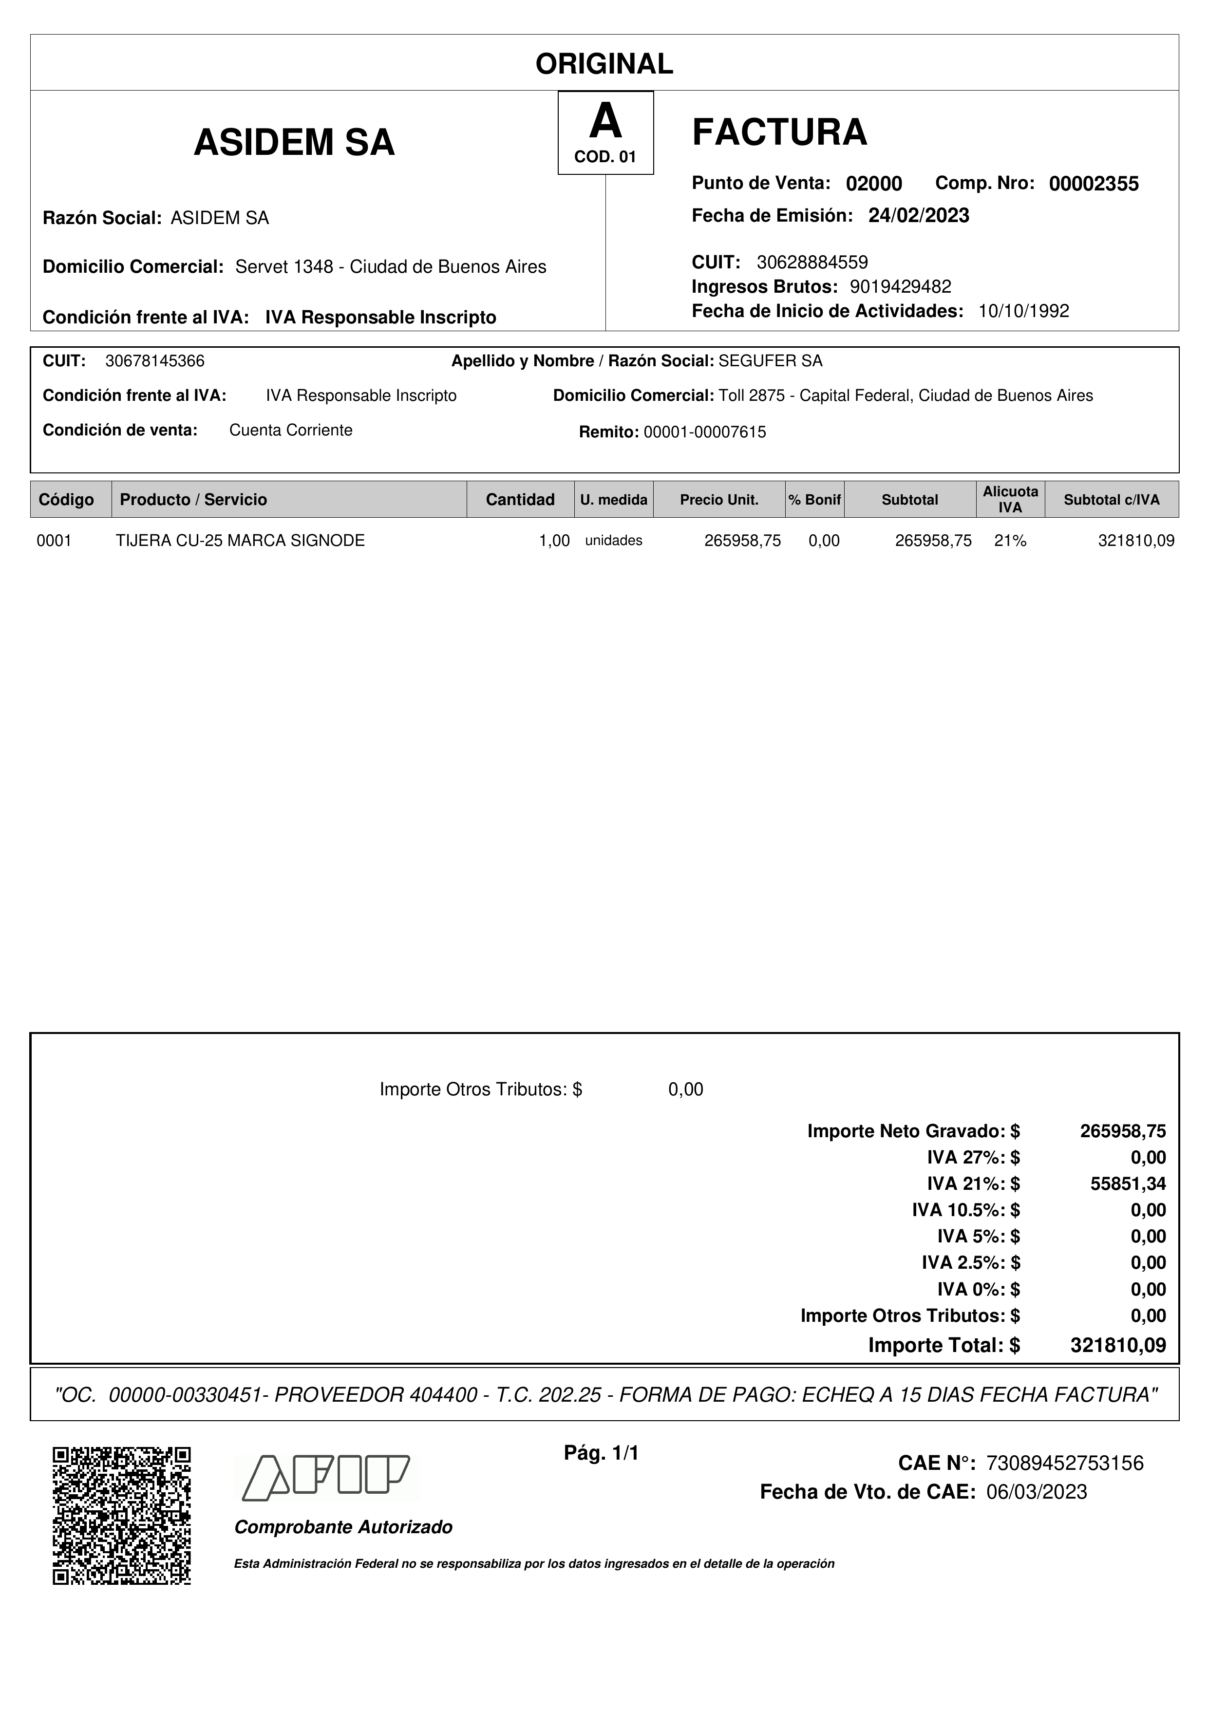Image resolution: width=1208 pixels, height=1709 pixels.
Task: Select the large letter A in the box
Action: tap(605, 121)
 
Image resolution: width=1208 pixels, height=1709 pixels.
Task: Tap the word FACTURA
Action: tap(779, 132)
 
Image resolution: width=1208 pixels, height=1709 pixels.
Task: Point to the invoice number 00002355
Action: tap(1094, 184)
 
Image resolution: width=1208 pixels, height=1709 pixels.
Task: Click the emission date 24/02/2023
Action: tap(919, 216)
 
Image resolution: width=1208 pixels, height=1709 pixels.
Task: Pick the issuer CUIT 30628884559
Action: tap(812, 262)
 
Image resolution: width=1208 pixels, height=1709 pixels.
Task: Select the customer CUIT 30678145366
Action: tap(155, 361)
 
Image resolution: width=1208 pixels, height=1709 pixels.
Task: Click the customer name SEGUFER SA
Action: tap(771, 361)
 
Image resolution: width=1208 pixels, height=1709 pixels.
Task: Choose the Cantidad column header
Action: tap(520, 499)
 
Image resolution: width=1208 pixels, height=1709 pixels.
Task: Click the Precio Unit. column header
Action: tap(719, 499)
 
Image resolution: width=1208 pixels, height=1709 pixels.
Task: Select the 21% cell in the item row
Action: tap(1010, 541)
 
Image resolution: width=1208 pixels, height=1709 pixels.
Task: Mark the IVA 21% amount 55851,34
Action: tap(1128, 1183)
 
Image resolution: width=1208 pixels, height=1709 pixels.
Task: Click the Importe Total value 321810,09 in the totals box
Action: tap(1118, 1345)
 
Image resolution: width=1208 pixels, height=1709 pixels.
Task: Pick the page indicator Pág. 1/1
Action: tap(602, 1453)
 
